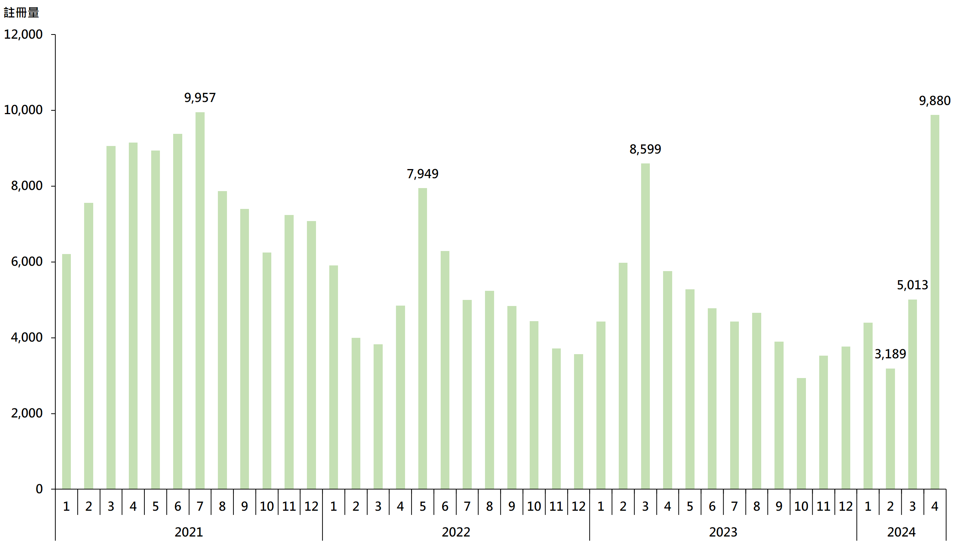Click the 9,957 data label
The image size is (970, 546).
(200, 98)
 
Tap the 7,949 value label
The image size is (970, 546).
(422, 174)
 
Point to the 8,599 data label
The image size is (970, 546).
(645, 149)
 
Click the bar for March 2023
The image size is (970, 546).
(645, 326)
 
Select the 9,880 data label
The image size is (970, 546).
(934, 101)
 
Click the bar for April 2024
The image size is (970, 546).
(935, 301)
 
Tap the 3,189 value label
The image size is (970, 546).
(890, 354)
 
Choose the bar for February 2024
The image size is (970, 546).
(890, 428)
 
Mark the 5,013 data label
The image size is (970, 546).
(912, 285)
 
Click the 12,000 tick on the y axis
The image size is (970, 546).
(23, 35)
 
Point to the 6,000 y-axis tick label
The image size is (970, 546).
(27, 262)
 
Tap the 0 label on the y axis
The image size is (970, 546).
(39, 489)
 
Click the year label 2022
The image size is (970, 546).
(456, 532)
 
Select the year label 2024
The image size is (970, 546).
(901, 532)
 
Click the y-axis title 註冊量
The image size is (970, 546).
(21, 13)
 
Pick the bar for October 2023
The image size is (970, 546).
(801, 433)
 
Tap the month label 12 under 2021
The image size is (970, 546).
(311, 506)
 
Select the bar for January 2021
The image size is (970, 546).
(66, 372)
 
